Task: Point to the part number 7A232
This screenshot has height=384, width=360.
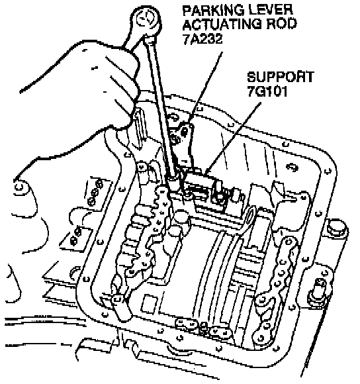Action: pyautogui.click(x=202, y=38)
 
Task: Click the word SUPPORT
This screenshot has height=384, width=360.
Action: pyautogui.click(x=281, y=77)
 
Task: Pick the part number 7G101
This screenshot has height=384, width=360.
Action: pyautogui.click(x=267, y=91)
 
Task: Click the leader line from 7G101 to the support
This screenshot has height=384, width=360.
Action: pyautogui.click(x=233, y=138)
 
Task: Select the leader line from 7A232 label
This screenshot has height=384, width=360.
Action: pyautogui.click(x=205, y=87)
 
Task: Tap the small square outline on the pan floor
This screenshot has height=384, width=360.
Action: pyautogui.click(x=149, y=304)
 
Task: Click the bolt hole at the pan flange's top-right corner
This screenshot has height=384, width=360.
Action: pyautogui.click(x=328, y=171)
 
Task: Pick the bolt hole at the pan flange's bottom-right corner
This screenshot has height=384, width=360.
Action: pyautogui.click(x=277, y=348)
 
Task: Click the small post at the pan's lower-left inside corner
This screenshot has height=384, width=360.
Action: pyautogui.click(x=120, y=308)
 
